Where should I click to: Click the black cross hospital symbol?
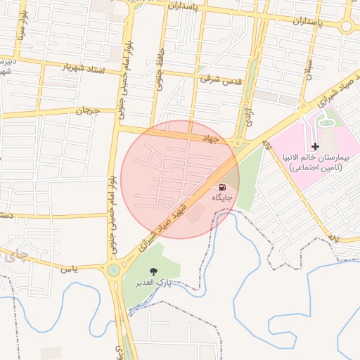tap(315, 146)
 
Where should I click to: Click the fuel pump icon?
tap(222, 187)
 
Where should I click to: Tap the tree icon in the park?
tap(154, 271)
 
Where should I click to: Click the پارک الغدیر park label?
tap(157, 283)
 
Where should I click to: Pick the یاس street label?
tap(67, 268)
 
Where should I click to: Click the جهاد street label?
tap(211, 139)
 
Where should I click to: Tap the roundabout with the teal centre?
tap(114, 270)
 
